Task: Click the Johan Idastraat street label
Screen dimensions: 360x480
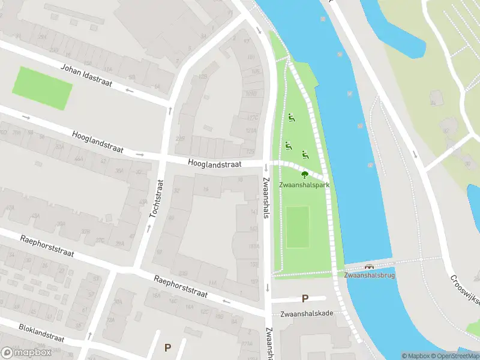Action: pyautogui.click(x=86, y=74)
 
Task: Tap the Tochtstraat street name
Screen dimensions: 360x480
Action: pyautogui.click(x=157, y=199)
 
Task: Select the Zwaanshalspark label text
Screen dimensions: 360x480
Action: pyautogui.click(x=304, y=185)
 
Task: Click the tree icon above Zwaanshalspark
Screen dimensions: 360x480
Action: pyautogui.click(x=304, y=175)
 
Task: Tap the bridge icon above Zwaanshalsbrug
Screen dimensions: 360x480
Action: pyautogui.click(x=368, y=267)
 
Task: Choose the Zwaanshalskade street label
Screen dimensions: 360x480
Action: pyautogui.click(x=307, y=313)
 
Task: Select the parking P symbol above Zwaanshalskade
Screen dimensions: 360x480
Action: pyautogui.click(x=305, y=298)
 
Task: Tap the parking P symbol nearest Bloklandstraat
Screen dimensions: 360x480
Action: pyautogui.click(x=167, y=347)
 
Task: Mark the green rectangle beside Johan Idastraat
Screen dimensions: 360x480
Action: pyautogui.click(x=42, y=88)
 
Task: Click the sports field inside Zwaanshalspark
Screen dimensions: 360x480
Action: pyautogui.click(x=298, y=227)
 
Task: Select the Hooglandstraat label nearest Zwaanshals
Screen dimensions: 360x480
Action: pyautogui.click(x=214, y=163)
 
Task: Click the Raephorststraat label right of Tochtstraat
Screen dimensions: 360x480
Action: pyautogui.click(x=180, y=287)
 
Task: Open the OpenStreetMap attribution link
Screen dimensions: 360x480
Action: pyautogui.click(x=454, y=356)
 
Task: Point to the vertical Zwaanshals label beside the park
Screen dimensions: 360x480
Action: pyautogui.click(x=265, y=197)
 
